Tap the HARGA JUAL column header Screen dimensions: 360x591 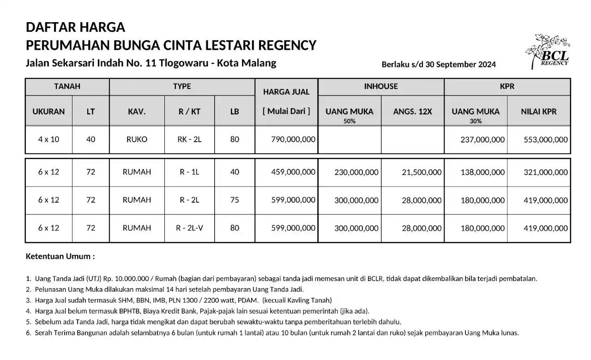[286, 91]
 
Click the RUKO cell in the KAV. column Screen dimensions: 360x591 [137, 139]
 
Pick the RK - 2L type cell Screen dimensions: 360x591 [189, 139]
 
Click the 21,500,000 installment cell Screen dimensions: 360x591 [419, 172]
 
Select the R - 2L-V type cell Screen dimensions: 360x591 [189, 228]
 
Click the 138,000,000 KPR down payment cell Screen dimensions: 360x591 [482, 172]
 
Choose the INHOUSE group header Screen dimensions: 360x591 [381, 86]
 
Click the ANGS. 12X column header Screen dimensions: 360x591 [412, 111]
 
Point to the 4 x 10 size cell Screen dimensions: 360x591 [48, 139]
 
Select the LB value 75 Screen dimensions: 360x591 [235, 200]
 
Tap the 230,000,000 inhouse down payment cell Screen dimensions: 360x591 [356, 172]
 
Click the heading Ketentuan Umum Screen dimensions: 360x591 [60, 256]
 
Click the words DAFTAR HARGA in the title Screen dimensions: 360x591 [75, 27]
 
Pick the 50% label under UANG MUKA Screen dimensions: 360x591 [349, 121]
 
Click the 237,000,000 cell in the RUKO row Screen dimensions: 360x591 [482, 139]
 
